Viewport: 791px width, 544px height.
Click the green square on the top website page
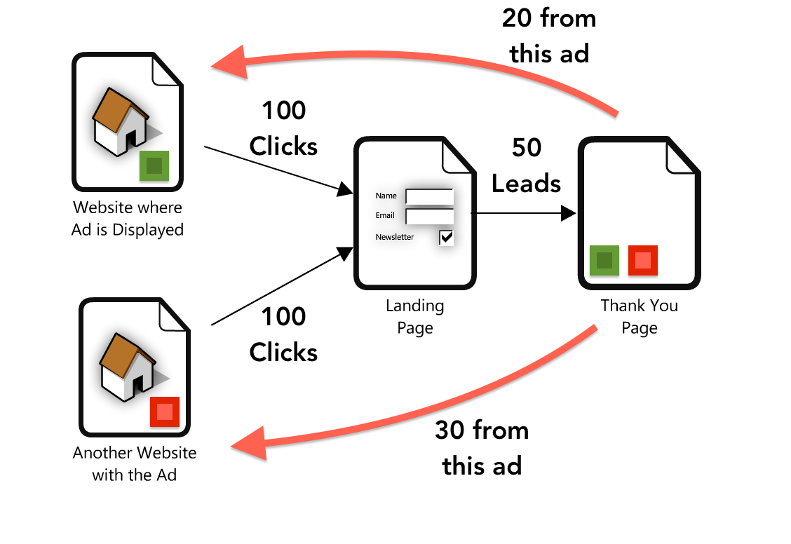[154, 166]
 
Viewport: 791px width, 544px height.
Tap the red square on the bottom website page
[165, 412]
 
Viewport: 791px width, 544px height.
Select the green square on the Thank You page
[604, 261]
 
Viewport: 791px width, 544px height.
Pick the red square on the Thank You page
[642, 261]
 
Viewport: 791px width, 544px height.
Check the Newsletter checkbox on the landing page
[446, 237]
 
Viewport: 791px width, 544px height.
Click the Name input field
[429, 196]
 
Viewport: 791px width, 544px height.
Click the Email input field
[429, 216]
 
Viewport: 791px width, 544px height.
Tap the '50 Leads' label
[526, 165]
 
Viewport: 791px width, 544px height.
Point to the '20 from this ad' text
[549, 36]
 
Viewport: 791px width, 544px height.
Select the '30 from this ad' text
[482, 447]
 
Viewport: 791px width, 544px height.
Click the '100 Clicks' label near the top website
[283, 128]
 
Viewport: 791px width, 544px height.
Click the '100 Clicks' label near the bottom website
[283, 334]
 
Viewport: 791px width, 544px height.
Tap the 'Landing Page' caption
[415, 317]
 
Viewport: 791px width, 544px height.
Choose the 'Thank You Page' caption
[639, 317]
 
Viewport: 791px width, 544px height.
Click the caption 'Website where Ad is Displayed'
[128, 219]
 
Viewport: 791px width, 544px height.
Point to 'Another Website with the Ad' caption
[135, 463]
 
